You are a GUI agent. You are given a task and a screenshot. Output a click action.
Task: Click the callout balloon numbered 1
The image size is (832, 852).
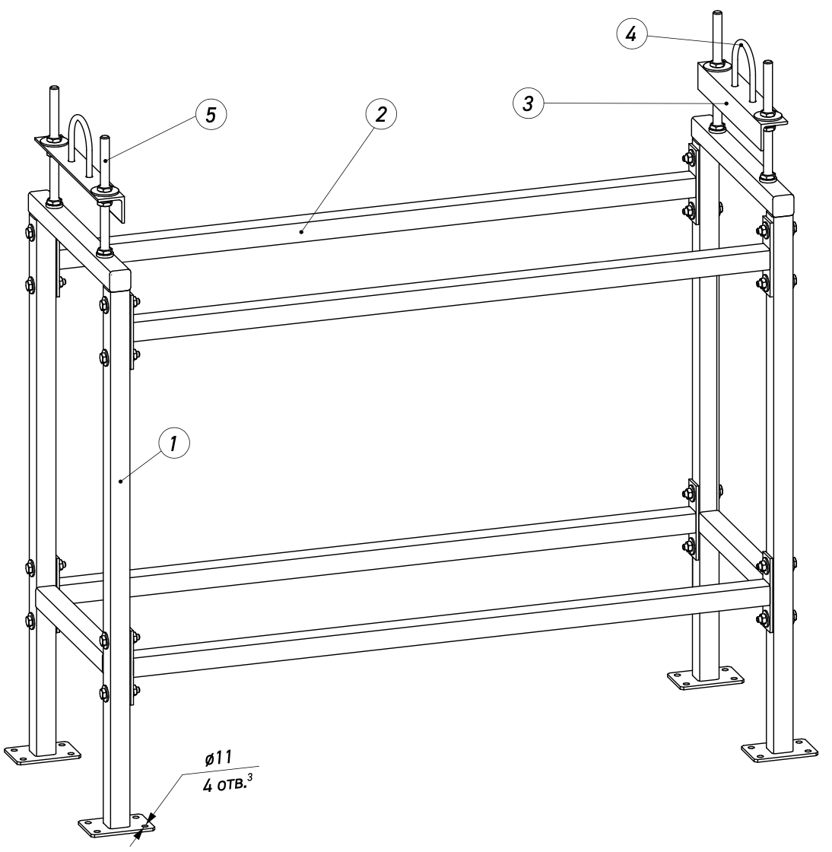(x=174, y=444)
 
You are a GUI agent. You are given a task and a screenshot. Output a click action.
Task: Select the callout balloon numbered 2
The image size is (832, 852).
(x=381, y=114)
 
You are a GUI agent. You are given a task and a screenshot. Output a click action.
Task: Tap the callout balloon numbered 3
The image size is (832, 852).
(x=529, y=103)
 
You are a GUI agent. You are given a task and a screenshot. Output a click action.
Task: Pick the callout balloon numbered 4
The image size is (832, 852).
(x=631, y=34)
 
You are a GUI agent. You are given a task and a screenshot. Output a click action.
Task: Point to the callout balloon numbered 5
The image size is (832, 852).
(x=211, y=114)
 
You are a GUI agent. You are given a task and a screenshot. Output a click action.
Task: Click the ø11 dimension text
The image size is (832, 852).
(x=219, y=758)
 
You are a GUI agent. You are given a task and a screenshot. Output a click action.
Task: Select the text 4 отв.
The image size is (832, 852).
(x=222, y=785)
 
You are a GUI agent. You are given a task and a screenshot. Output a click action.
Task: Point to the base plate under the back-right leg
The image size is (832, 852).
(x=706, y=679)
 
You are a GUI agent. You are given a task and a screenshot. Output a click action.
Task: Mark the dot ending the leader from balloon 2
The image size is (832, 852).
(x=301, y=232)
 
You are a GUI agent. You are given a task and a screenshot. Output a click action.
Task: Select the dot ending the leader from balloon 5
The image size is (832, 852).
(x=106, y=159)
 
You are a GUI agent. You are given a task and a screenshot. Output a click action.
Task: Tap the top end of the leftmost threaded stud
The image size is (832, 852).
(x=54, y=87)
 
